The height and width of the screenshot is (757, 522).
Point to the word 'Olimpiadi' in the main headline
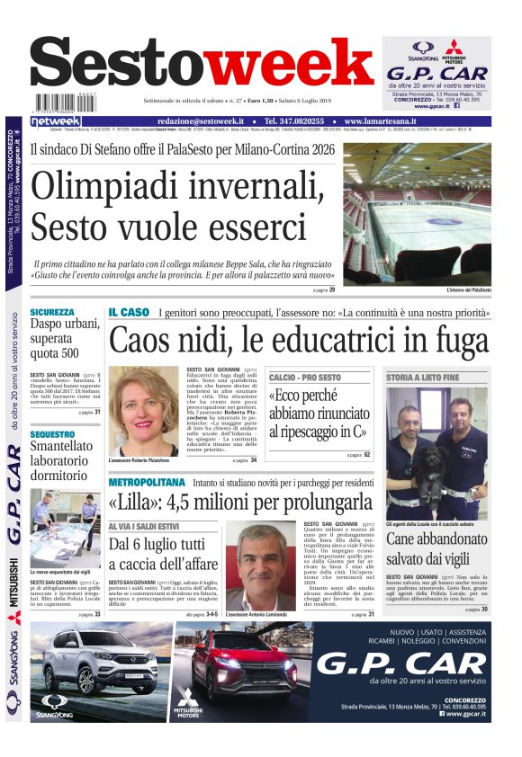101,185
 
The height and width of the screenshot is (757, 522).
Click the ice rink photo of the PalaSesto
417,215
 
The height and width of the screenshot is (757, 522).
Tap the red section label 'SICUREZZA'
51,312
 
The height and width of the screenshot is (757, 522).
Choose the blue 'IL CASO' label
129,312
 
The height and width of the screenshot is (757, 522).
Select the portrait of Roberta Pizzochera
144,409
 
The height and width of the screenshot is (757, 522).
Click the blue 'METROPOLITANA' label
141,480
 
